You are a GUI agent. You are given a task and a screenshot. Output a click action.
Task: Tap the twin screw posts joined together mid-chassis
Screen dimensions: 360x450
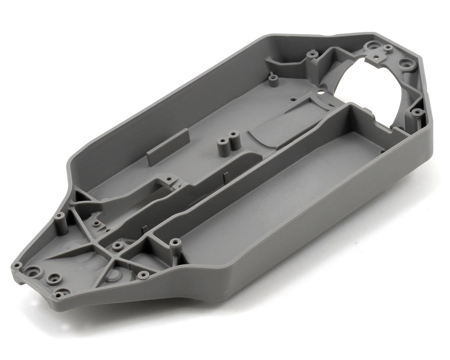(228, 141)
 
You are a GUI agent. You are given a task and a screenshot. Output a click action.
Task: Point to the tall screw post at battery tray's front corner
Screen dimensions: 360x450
(174, 244)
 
